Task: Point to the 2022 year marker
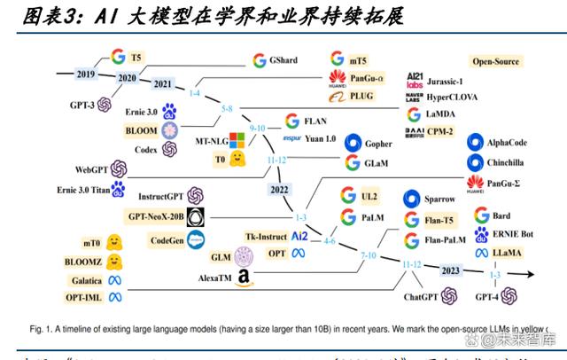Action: point(281,188)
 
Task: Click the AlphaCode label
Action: point(514,143)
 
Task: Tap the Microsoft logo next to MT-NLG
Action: point(237,140)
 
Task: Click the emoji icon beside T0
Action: point(237,159)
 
